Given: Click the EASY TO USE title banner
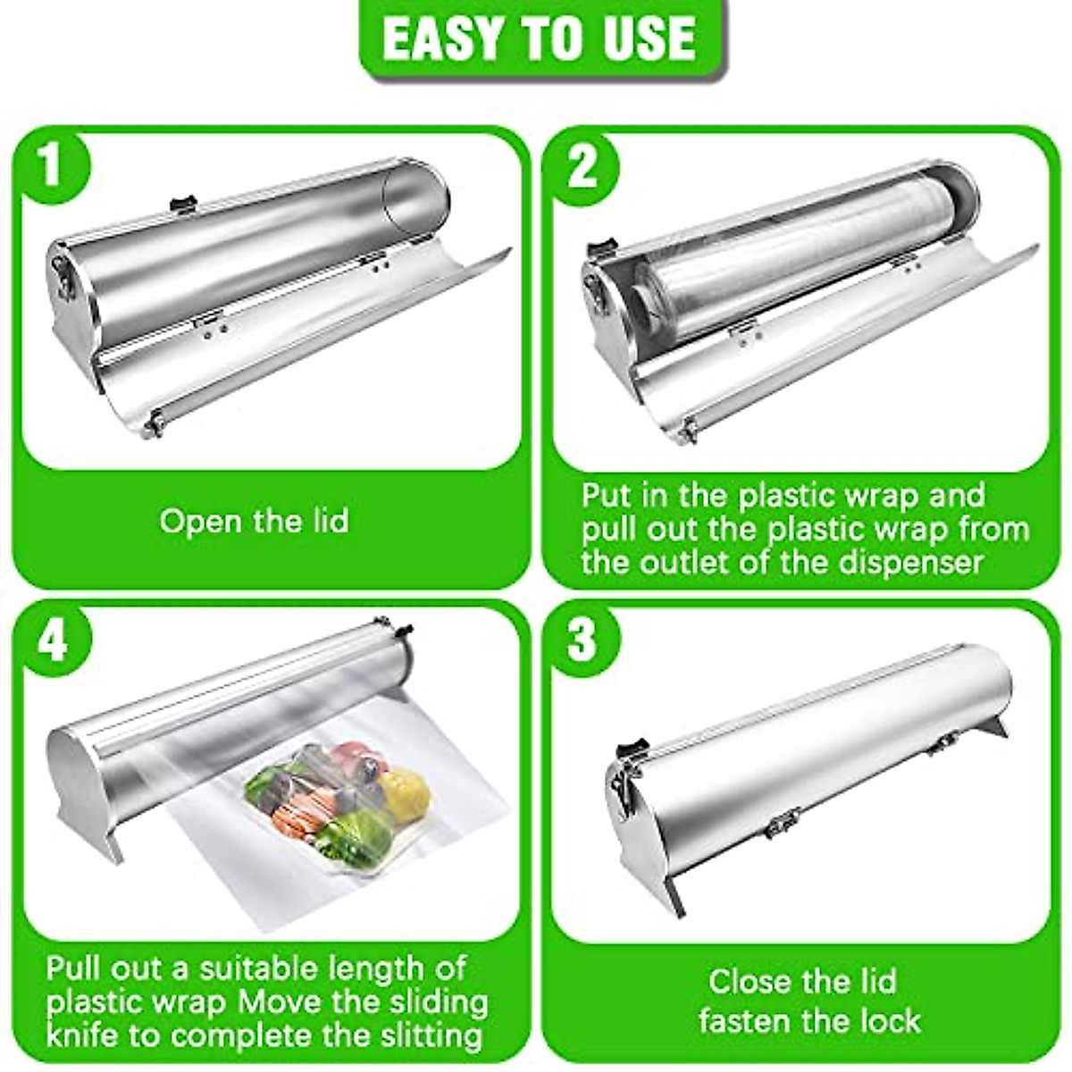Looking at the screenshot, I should point(540,38).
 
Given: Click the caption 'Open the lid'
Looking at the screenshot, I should point(254,521).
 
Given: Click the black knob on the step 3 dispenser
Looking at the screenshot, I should point(637,746).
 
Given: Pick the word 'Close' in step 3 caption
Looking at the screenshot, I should point(750,981).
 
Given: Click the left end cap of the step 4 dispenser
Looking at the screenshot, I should point(67,759).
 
